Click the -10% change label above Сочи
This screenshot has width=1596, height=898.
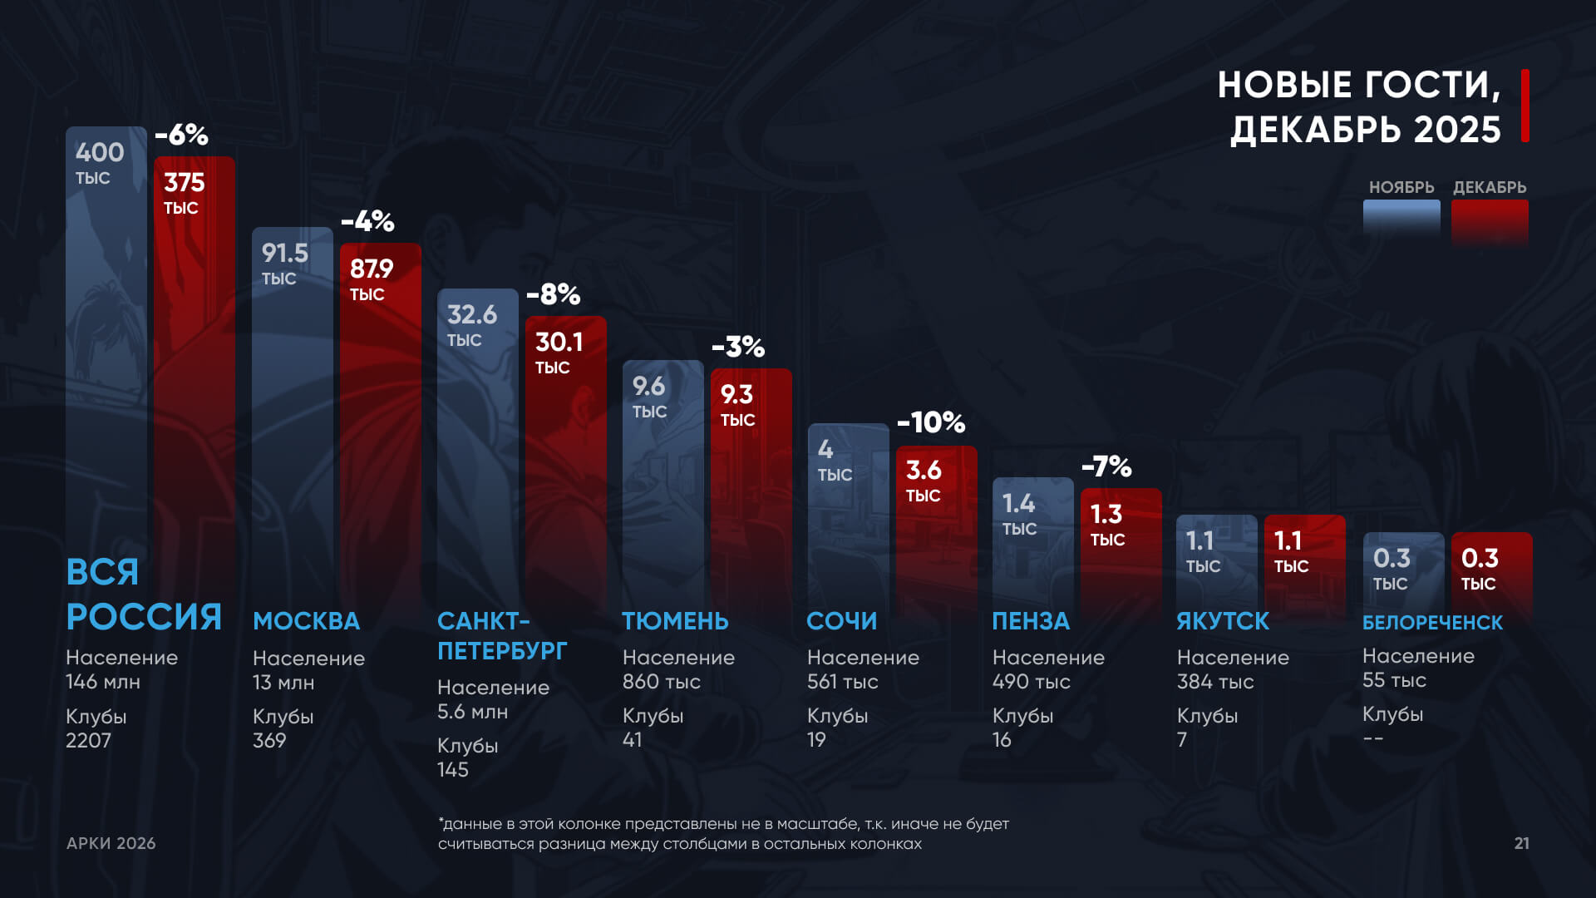tap(931, 422)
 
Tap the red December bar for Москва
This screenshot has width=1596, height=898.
tap(381, 416)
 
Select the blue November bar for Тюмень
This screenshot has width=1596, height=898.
tap(663, 491)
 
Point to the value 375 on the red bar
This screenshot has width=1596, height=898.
tap(184, 183)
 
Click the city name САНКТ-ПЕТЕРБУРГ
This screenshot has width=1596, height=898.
tap(501, 636)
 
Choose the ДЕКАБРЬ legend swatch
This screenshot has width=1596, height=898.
tap(1490, 221)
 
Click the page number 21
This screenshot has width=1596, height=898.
tap(1521, 843)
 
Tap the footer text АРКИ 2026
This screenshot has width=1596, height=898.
tap(111, 843)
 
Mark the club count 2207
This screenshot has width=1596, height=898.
tap(88, 741)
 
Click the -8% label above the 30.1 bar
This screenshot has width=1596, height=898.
tap(553, 294)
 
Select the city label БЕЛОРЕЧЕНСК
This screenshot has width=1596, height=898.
tap(1432, 623)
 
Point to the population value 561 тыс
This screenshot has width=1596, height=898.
tap(842, 682)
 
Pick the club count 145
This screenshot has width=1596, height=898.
tap(453, 770)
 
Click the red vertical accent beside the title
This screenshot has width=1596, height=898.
tap(1525, 106)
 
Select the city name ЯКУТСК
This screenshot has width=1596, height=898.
tap(1223, 621)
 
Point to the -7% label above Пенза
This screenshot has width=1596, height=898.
tap(1106, 466)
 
